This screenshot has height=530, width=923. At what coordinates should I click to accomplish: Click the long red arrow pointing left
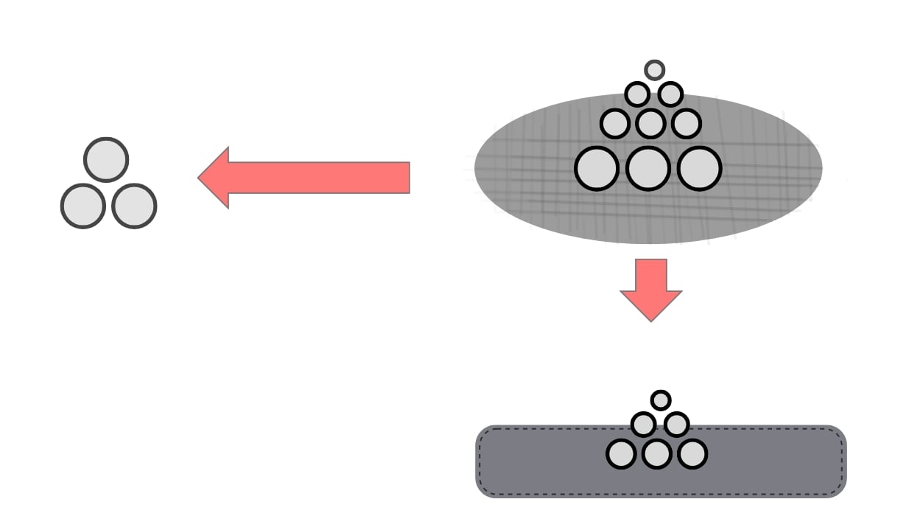pos(317,178)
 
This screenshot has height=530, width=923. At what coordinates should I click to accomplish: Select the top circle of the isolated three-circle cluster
pos(106,159)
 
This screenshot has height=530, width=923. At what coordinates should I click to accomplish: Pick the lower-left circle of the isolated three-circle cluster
pos(83,206)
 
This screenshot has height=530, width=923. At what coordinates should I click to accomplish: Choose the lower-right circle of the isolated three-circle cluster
pos(134,206)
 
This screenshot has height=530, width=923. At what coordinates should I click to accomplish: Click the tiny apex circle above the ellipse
pos(654,70)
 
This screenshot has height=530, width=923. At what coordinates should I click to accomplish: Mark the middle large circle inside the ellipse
pos(647,168)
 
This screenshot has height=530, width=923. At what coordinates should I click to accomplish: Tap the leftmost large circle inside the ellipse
pos(596,168)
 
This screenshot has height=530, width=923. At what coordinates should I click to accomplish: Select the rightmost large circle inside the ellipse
pos(698,168)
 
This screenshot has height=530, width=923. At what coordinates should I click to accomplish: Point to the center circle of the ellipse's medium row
pos(650,123)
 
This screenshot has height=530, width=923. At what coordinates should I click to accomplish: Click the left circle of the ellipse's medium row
pos(614,123)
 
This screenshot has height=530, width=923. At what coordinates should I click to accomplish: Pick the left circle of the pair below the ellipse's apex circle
pos(637,94)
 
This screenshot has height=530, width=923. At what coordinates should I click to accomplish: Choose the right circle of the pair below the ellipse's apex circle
pos(670,94)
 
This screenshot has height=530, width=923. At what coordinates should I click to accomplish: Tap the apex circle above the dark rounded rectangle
pos(661,400)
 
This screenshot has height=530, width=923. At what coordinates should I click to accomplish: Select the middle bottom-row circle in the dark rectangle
pos(656,454)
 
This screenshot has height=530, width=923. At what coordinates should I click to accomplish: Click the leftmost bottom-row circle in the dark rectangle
pos(621,454)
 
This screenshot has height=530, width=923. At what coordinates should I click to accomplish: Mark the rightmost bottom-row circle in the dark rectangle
pos(692,454)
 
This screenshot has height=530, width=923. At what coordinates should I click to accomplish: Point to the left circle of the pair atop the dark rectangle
pos(643,425)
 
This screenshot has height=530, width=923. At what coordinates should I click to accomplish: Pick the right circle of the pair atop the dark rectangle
pos(676,425)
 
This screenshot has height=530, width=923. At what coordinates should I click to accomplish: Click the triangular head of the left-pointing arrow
pos(215,178)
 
